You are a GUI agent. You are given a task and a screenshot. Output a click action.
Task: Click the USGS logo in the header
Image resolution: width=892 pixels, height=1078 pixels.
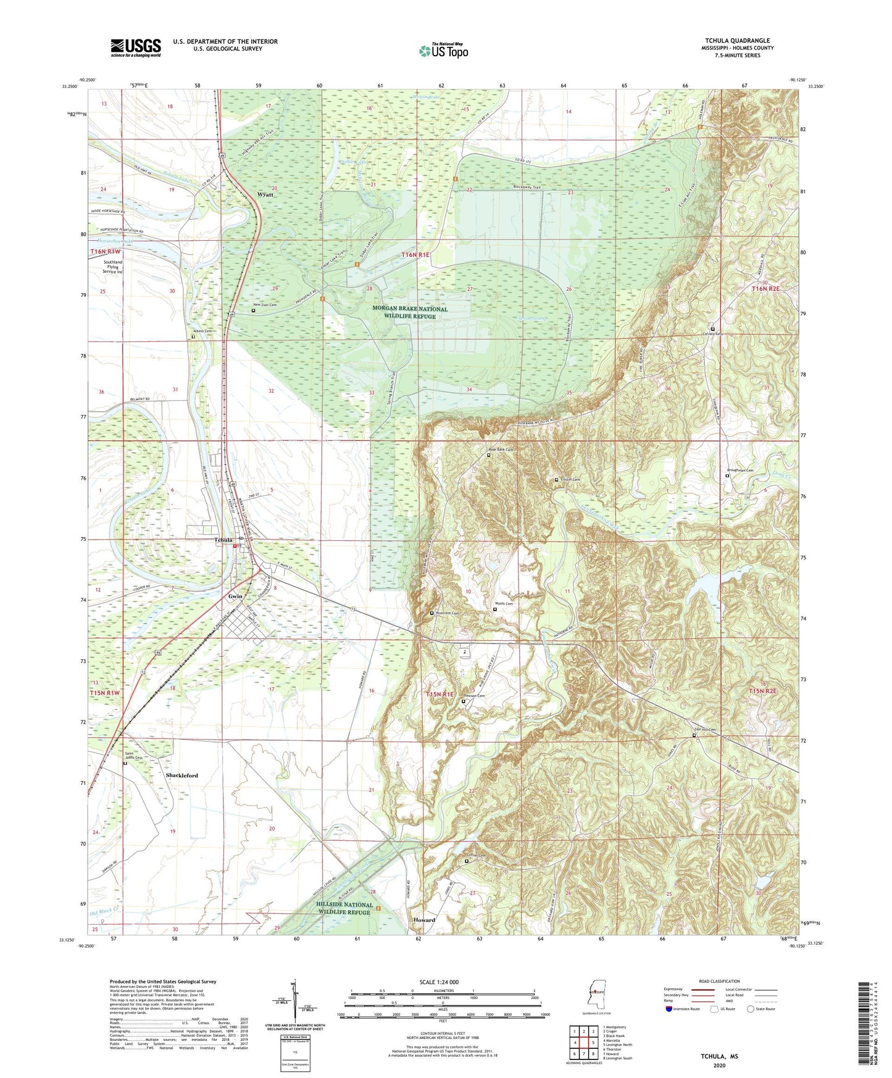(x=135, y=48)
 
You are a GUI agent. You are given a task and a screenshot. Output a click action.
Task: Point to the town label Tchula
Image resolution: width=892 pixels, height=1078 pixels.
(x=223, y=540)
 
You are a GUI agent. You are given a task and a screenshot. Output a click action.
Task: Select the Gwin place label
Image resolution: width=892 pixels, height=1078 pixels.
(x=235, y=596)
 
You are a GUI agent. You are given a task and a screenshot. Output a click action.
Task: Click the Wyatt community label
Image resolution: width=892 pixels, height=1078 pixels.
(x=265, y=194)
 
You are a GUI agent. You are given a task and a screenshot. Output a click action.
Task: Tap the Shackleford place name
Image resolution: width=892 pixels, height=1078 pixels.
(x=181, y=775)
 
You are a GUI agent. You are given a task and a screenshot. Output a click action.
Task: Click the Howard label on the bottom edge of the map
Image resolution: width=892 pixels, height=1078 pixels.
(x=424, y=920)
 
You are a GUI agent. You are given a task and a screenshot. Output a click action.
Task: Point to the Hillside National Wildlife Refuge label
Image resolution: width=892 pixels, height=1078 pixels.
(x=344, y=908)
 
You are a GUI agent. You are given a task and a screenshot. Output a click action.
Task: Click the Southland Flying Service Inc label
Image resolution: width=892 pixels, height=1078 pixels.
(x=112, y=267)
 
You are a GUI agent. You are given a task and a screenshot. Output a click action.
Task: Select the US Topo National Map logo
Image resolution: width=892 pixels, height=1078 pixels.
(x=442, y=51)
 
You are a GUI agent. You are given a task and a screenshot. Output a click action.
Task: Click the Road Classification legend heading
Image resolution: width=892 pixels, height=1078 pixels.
(x=719, y=981)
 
